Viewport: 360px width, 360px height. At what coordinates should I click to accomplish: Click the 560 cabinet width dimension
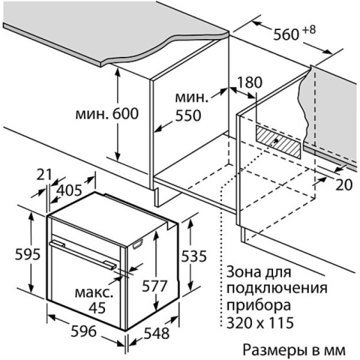(x=286, y=34)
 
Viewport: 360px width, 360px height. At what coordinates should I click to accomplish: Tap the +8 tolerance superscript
(x=308, y=30)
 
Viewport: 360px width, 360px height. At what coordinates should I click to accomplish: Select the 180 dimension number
(x=250, y=82)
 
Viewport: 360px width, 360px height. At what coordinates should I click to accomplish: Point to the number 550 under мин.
(x=188, y=115)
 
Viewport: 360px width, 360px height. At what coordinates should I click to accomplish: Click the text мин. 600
(x=107, y=113)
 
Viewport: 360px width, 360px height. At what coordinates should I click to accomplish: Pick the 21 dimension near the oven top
(x=44, y=175)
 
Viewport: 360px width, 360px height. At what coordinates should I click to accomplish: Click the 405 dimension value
(x=69, y=190)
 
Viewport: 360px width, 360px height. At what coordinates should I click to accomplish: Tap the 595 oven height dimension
(x=28, y=254)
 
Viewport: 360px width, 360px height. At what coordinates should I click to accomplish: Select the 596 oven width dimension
(x=83, y=331)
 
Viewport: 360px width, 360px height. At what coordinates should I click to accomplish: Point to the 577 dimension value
(x=154, y=286)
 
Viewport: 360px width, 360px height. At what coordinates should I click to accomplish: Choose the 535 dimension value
(x=194, y=256)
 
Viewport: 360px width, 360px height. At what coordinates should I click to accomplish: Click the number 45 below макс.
(x=97, y=308)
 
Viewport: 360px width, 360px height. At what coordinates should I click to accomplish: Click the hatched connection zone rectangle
(x=278, y=142)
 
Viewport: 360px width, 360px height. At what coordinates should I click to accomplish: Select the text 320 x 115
(x=260, y=322)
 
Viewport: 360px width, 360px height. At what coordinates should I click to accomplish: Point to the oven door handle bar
(x=83, y=254)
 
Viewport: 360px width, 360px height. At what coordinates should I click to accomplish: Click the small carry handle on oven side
(x=137, y=244)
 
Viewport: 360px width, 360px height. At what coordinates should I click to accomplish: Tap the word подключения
(x=277, y=289)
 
